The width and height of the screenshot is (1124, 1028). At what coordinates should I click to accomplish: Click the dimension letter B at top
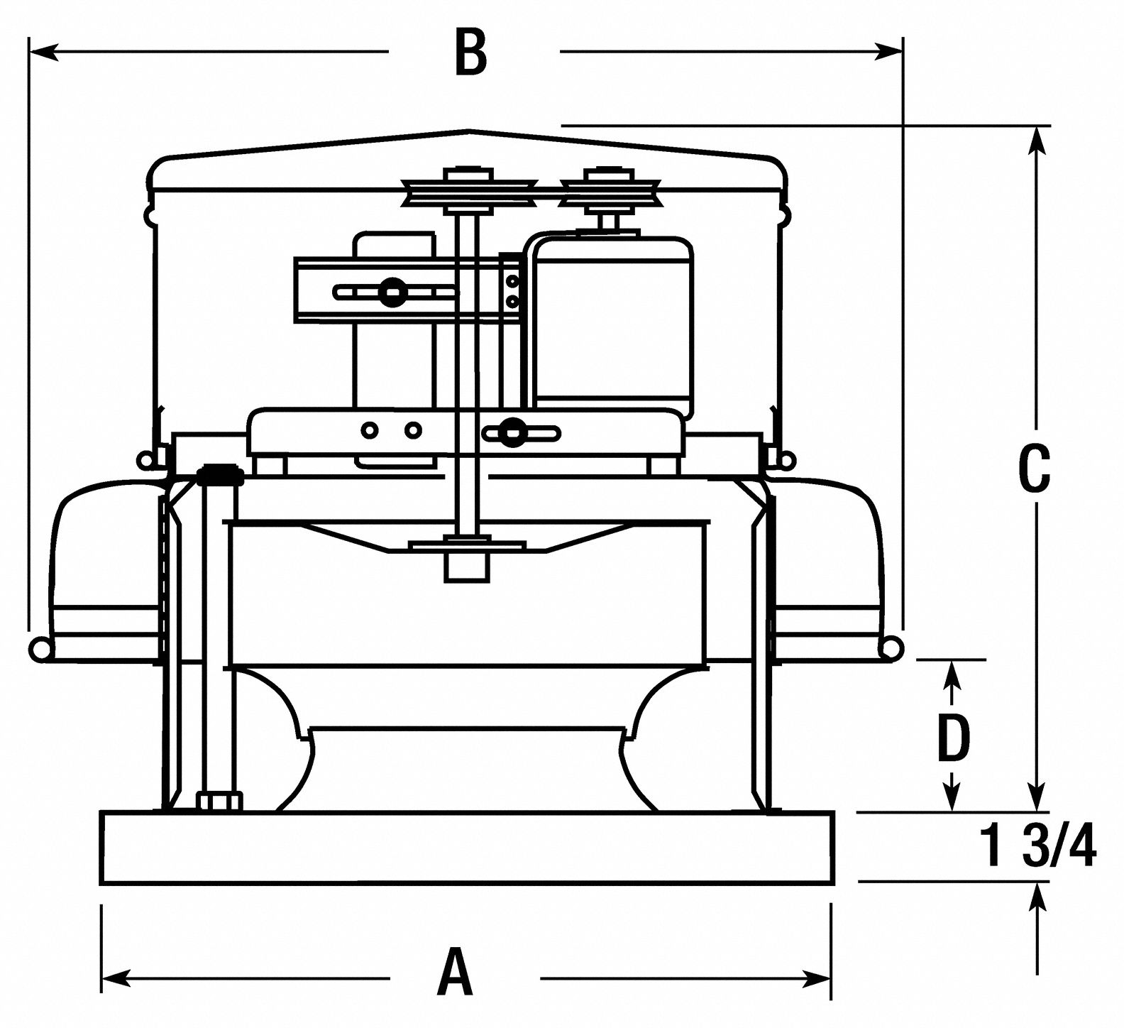(471, 53)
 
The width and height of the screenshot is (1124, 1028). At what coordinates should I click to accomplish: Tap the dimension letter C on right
(1033, 469)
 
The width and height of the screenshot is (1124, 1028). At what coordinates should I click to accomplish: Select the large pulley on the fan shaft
(468, 191)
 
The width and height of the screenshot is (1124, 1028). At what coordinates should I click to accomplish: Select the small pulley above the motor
(610, 191)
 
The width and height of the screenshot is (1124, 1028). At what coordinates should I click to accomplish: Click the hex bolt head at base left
(219, 802)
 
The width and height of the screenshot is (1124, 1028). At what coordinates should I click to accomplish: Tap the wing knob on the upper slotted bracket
(390, 291)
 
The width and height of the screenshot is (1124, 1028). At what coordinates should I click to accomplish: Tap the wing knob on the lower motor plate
(509, 432)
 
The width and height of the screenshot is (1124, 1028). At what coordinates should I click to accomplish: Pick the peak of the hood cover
(468, 131)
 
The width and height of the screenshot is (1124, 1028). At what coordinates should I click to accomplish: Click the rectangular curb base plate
(468, 848)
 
